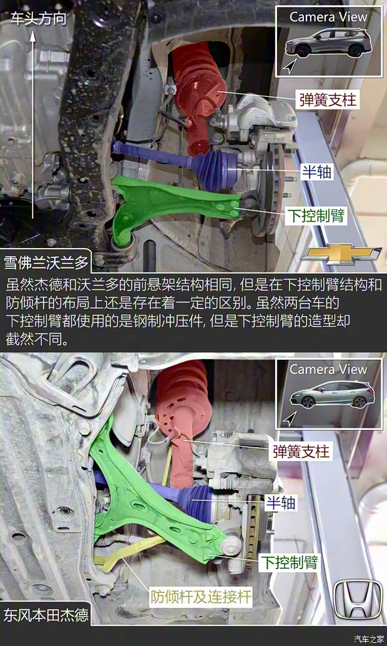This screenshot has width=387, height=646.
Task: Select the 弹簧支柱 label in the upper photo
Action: click(326, 99)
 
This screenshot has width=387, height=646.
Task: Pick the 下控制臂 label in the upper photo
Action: click(316, 216)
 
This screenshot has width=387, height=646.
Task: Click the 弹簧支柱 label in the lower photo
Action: click(301, 451)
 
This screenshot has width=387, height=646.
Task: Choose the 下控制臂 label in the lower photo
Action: click(288, 562)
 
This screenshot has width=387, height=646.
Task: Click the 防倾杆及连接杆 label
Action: click(200, 597)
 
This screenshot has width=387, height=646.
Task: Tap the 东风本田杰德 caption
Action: click(47, 614)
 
